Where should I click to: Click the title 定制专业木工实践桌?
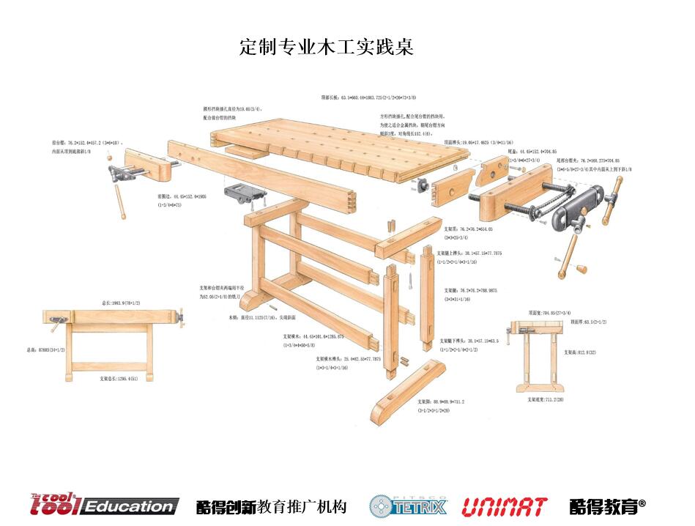click(x=327, y=47)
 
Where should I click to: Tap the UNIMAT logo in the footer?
click(x=505, y=505)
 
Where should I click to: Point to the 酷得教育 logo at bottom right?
click(x=607, y=505)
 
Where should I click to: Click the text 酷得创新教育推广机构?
click(x=271, y=506)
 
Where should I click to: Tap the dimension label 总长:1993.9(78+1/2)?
click(x=121, y=302)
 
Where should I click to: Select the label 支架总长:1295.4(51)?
click(x=119, y=379)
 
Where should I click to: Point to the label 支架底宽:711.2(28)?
click(x=545, y=399)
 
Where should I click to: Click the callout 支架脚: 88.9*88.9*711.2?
click(x=440, y=401)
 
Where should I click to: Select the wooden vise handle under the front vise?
click(x=119, y=201)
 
